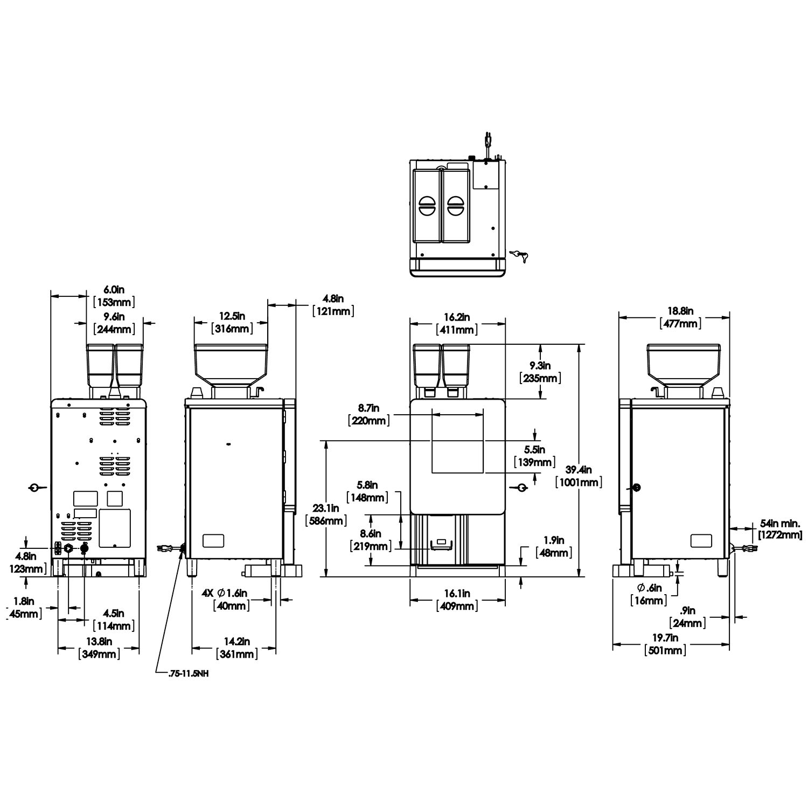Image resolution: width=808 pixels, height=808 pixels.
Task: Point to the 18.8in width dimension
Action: tap(681, 311)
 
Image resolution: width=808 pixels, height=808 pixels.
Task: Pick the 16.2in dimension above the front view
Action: tap(457, 317)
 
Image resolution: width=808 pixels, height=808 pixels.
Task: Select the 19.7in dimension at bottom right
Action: tap(665, 638)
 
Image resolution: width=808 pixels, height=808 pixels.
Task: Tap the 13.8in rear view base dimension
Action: tap(99, 642)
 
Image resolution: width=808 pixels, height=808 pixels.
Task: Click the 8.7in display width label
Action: tap(368, 409)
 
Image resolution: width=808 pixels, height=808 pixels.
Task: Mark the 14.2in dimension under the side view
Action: tap(236, 642)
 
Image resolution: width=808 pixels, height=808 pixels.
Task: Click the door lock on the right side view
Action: tap(637, 487)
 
